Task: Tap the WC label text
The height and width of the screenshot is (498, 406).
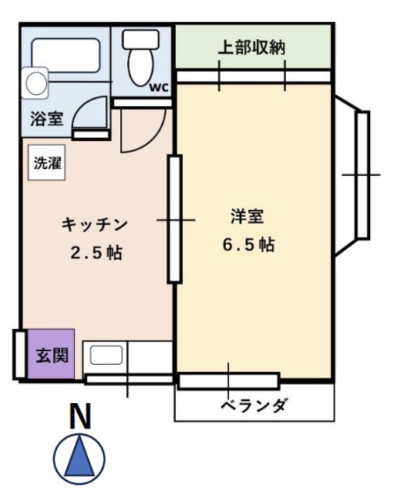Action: coord(159,86)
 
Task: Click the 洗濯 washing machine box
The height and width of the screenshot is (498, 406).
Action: coord(46,163)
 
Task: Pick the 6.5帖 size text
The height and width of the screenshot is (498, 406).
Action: coord(248,244)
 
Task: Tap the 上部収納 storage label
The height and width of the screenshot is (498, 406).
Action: coord(251,48)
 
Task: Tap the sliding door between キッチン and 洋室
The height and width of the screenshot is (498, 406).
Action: coord(175,220)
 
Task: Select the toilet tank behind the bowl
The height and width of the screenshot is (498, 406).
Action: coord(141,38)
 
